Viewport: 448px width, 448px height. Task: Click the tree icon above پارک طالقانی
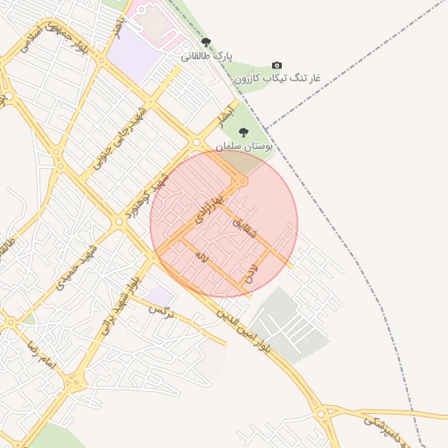click(x=206, y=41)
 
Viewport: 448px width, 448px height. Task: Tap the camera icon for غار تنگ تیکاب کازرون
click(x=277, y=65)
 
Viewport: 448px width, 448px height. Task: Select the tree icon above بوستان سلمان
click(x=243, y=131)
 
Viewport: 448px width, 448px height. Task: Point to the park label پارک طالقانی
click(x=208, y=55)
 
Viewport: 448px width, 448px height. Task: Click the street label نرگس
click(x=162, y=311)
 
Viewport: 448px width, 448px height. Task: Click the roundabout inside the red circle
click(x=241, y=181)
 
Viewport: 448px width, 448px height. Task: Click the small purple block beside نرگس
click(x=160, y=296)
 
